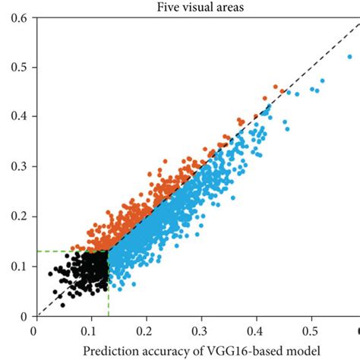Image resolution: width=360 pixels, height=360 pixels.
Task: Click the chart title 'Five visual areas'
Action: coord(196,8)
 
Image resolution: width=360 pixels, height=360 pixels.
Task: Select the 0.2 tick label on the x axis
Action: coord(145,332)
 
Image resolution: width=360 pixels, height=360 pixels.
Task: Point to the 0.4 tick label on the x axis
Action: coord(256,332)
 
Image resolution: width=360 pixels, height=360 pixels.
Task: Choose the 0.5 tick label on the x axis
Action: coord(311,332)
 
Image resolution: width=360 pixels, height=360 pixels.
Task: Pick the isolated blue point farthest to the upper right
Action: coord(351,55)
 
